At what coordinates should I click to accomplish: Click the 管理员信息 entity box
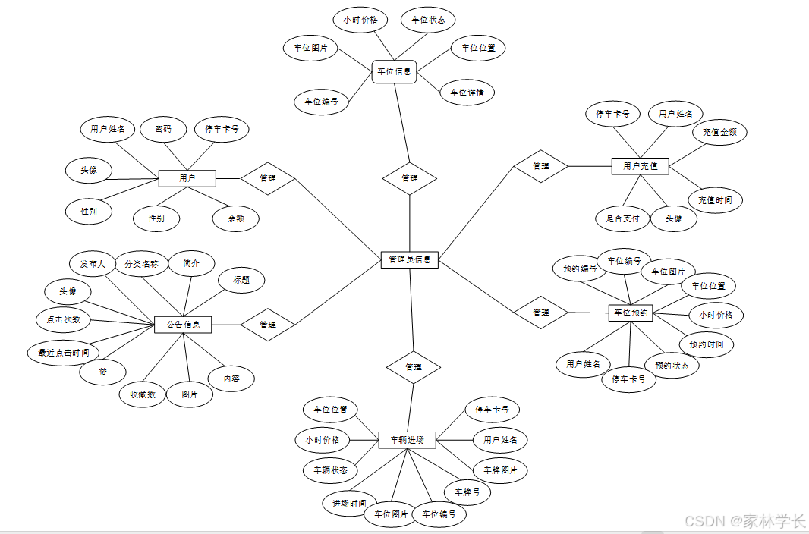click(x=409, y=259)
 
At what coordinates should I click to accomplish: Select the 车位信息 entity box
click(x=395, y=72)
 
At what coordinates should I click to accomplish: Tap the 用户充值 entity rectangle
click(x=640, y=165)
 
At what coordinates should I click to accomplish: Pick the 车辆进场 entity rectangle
click(x=407, y=440)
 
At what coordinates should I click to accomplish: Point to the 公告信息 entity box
click(x=183, y=325)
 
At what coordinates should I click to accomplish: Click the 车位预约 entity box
click(x=630, y=313)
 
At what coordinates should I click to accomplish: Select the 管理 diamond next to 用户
click(x=268, y=178)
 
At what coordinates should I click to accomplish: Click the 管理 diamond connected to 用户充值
click(x=541, y=166)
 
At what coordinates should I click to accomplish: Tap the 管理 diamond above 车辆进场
click(x=414, y=367)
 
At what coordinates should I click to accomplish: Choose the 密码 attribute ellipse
click(x=163, y=129)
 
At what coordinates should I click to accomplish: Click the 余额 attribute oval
click(x=235, y=219)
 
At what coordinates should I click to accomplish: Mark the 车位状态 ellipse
click(x=428, y=20)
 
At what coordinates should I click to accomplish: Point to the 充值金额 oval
click(x=719, y=132)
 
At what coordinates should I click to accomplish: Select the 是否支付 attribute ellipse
click(x=622, y=219)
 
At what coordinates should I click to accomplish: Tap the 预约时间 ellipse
click(x=707, y=344)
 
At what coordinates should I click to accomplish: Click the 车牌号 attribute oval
click(x=467, y=492)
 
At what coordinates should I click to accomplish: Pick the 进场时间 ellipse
click(x=349, y=504)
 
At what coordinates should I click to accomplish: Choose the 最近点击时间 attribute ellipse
click(x=64, y=353)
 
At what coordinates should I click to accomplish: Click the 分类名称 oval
click(x=141, y=264)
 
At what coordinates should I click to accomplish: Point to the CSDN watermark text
click(x=744, y=521)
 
